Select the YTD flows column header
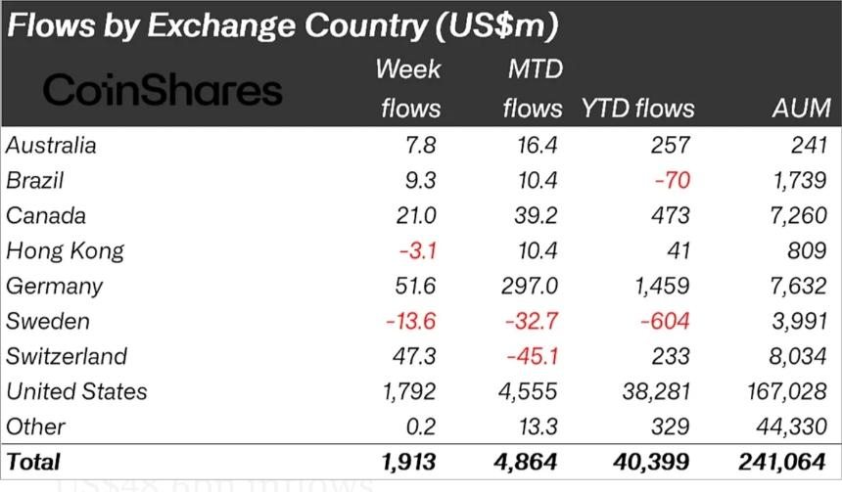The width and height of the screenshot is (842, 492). (637, 108)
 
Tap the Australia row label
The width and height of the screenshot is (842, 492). (51, 146)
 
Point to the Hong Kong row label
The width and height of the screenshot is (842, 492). (65, 251)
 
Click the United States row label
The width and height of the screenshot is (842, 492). (76, 391)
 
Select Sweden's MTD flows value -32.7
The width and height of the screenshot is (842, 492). (531, 322)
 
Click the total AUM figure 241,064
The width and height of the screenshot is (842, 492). (783, 462)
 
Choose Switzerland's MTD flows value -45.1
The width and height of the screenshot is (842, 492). (532, 356)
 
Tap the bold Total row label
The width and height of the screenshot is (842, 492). (33, 462)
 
